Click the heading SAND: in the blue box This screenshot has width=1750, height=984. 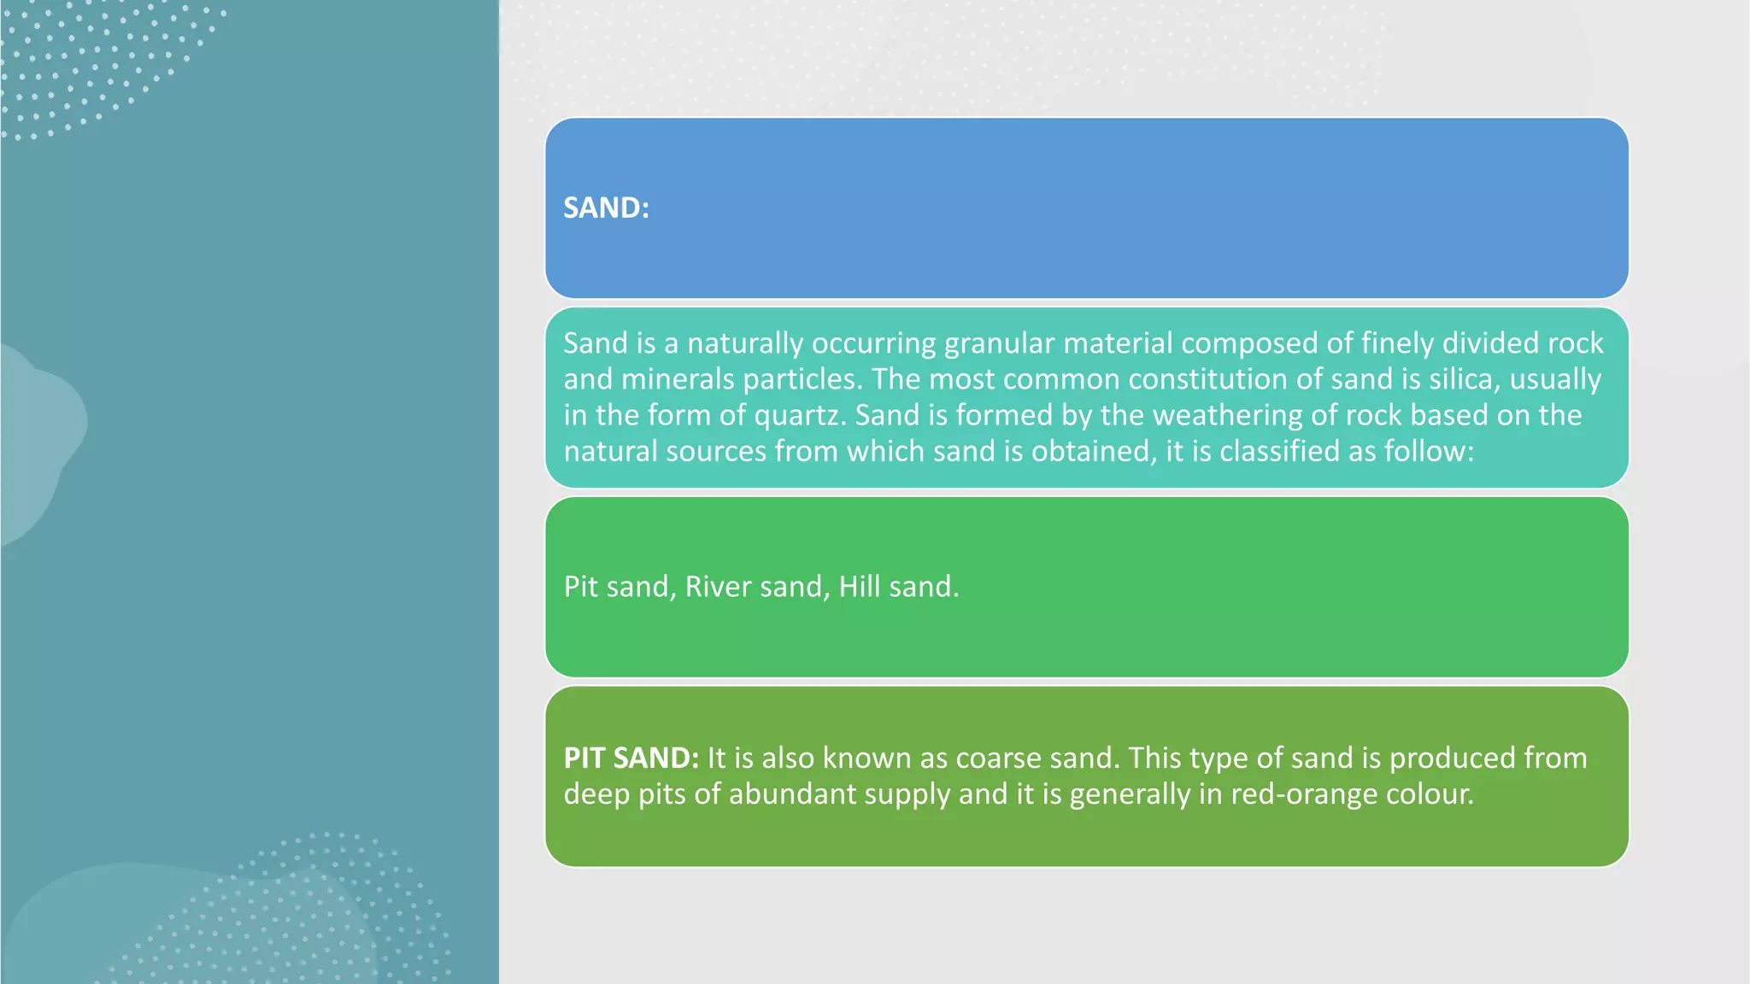[606, 208]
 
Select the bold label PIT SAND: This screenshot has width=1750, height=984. [631, 758]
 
